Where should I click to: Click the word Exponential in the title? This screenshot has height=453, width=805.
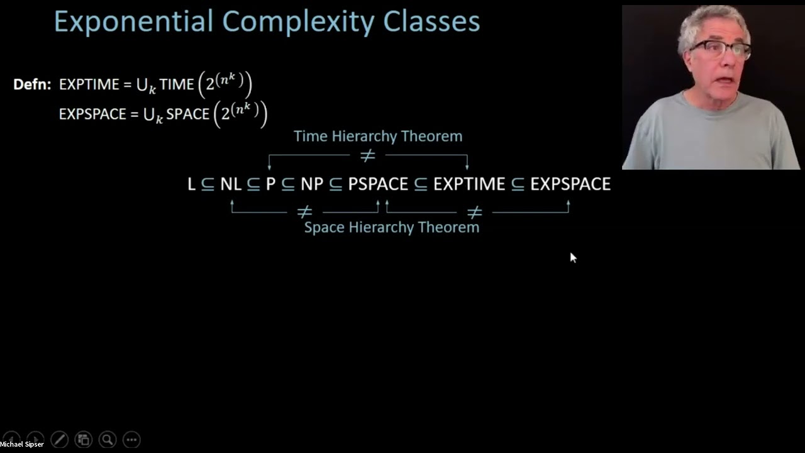(133, 22)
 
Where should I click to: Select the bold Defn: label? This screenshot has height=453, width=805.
(32, 84)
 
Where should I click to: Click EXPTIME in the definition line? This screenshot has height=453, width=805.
(88, 84)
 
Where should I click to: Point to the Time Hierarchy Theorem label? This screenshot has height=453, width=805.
(378, 136)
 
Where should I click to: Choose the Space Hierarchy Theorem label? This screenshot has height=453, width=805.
(391, 227)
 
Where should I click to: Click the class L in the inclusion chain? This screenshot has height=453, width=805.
(191, 184)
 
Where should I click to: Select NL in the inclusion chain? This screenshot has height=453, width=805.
(231, 184)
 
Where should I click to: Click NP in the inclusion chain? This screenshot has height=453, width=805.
(312, 184)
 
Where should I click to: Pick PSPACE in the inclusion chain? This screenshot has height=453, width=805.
(378, 184)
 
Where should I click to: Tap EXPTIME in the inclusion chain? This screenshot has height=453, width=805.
(469, 184)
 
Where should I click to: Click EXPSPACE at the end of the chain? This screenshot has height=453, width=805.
(570, 184)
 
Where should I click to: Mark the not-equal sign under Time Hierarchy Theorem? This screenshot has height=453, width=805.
(367, 155)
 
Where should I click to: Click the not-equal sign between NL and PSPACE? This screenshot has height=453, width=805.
(304, 213)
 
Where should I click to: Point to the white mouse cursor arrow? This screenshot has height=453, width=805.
(573, 257)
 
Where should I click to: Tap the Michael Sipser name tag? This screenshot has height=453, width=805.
(22, 444)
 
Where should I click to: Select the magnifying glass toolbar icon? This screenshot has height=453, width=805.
(107, 439)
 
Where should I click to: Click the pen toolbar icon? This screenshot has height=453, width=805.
(59, 439)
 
